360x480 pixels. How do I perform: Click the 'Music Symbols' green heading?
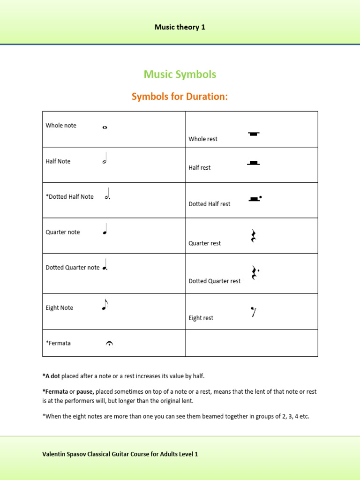click(x=180, y=74)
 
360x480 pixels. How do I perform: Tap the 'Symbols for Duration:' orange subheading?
click(x=180, y=97)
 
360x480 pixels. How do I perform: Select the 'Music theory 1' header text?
click(x=180, y=27)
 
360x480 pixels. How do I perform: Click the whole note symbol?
click(x=105, y=127)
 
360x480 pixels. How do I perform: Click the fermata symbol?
click(x=109, y=344)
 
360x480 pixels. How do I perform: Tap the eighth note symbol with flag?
click(x=105, y=306)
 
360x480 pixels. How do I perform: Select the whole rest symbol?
click(x=253, y=134)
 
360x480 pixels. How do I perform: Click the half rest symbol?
click(x=253, y=163)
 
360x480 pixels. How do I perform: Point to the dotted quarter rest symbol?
click(x=255, y=273)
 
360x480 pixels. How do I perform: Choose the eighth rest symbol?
click(x=253, y=311)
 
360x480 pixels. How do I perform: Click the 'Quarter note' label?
click(x=63, y=232)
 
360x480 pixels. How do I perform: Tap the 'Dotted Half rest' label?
click(x=210, y=204)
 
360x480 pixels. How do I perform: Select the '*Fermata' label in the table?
click(x=58, y=343)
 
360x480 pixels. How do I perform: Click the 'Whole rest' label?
click(x=203, y=139)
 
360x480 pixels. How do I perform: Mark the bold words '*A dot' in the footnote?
click(x=51, y=376)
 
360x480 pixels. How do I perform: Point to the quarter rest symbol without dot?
click(x=253, y=236)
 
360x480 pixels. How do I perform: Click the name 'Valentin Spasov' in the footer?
click(x=64, y=454)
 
